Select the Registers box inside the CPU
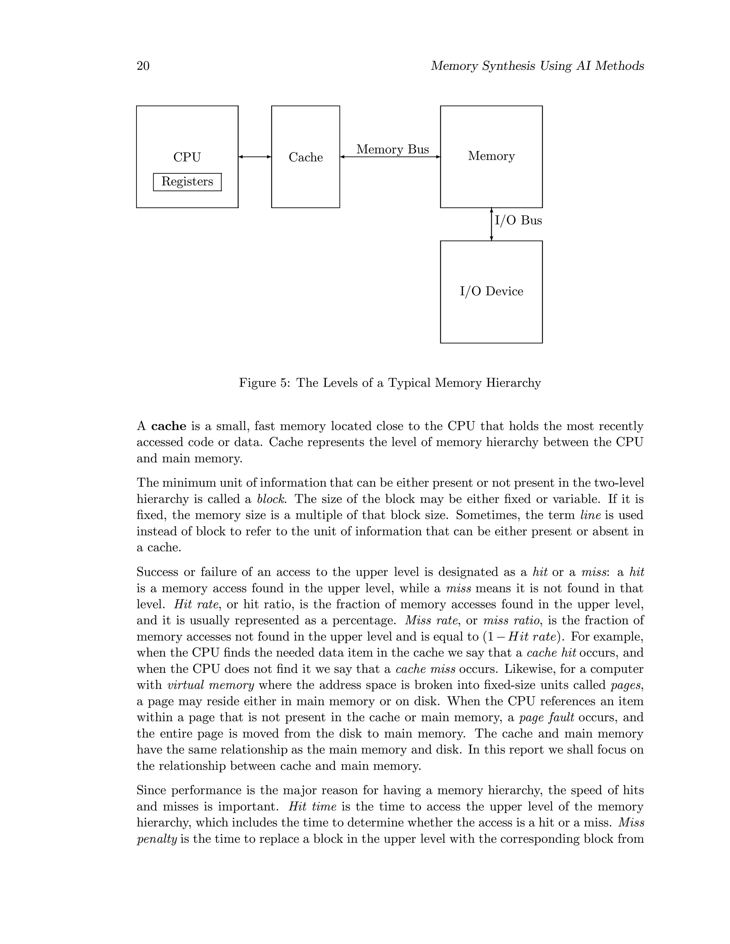[x=187, y=182]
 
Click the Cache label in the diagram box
[x=305, y=157]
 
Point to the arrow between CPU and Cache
[x=255, y=157]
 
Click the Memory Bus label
[x=392, y=150]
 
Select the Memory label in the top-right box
[x=491, y=156]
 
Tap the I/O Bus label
[x=518, y=221]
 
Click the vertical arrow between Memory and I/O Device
[x=491, y=224]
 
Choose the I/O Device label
[x=491, y=291]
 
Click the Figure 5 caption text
[x=390, y=383]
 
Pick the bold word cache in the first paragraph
[x=169, y=426]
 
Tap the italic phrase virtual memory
[x=211, y=685]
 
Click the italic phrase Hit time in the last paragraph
[x=312, y=807]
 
